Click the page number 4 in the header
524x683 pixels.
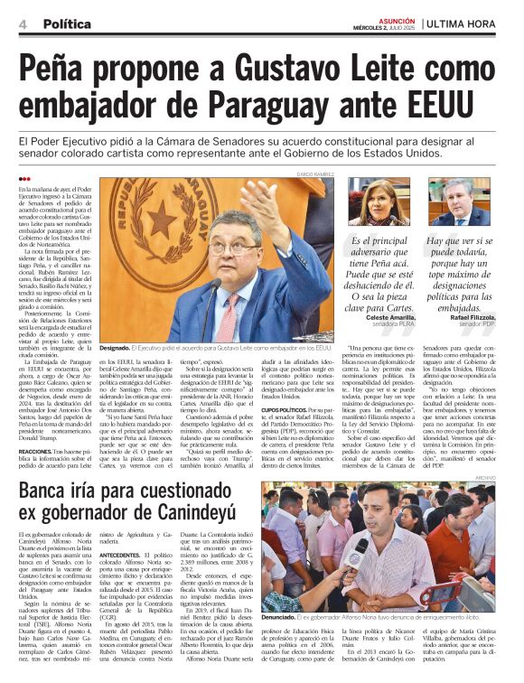click(20, 23)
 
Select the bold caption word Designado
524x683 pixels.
click(114, 347)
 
